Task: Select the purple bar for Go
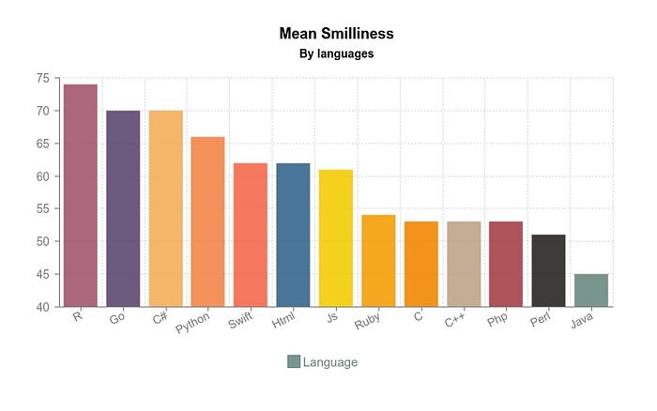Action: click(123, 208)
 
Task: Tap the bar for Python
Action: click(207, 221)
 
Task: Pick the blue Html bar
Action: click(293, 235)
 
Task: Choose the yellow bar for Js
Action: click(335, 238)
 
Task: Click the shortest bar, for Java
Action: click(590, 290)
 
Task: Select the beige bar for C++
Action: click(463, 264)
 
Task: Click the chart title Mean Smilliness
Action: click(336, 34)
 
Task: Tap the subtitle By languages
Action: click(336, 54)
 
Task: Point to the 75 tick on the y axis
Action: click(43, 78)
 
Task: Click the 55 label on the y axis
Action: click(43, 208)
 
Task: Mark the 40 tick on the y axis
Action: click(43, 307)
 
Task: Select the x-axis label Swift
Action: click(240, 325)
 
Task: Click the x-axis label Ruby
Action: click(367, 325)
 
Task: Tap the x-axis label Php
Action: click(497, 323)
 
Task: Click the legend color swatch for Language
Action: click(294, 362)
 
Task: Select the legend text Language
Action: click(330, 362)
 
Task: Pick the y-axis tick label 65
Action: click(43, 144)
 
